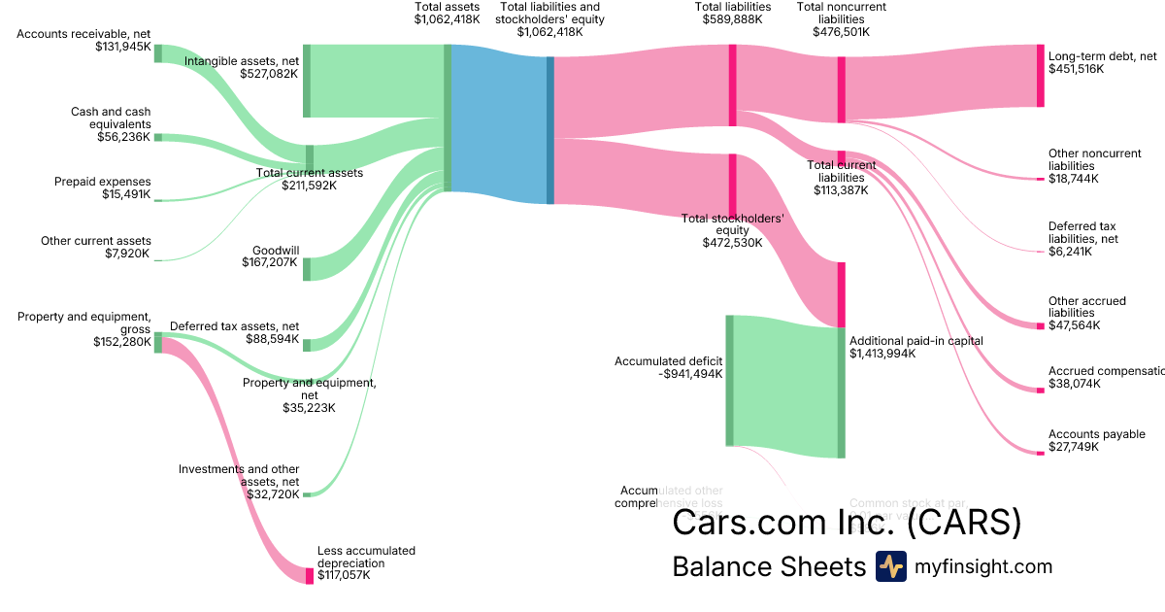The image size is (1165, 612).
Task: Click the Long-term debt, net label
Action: click(x=1102, y=56)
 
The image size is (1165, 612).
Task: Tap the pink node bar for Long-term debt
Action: click(x=1040, y=75)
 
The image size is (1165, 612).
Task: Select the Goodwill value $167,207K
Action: click(x=270, y=261)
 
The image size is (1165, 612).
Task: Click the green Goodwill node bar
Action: click(x=307, y=269)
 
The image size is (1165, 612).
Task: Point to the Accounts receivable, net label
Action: click(x=84, y=34)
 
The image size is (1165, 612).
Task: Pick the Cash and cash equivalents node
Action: click(x=158, y=138)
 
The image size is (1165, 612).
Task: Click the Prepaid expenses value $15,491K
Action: click(x=126, y=194)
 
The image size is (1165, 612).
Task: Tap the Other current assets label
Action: click(x=96, y=241)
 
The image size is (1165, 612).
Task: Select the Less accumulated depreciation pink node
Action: click(x=310, y=575)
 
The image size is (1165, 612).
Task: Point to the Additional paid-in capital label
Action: click(x=915, y=341)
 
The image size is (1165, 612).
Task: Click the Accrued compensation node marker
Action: click(x=1040, y=391)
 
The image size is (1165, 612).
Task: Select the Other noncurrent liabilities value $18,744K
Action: click(x=1074, y=179)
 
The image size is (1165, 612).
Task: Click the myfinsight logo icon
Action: click(x=890, y=566)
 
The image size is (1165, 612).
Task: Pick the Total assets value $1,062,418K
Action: click(x=447, y=19)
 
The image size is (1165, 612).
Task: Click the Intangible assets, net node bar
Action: click(x=307, y=81)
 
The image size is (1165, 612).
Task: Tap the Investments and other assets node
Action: click(x=307, y=494)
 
